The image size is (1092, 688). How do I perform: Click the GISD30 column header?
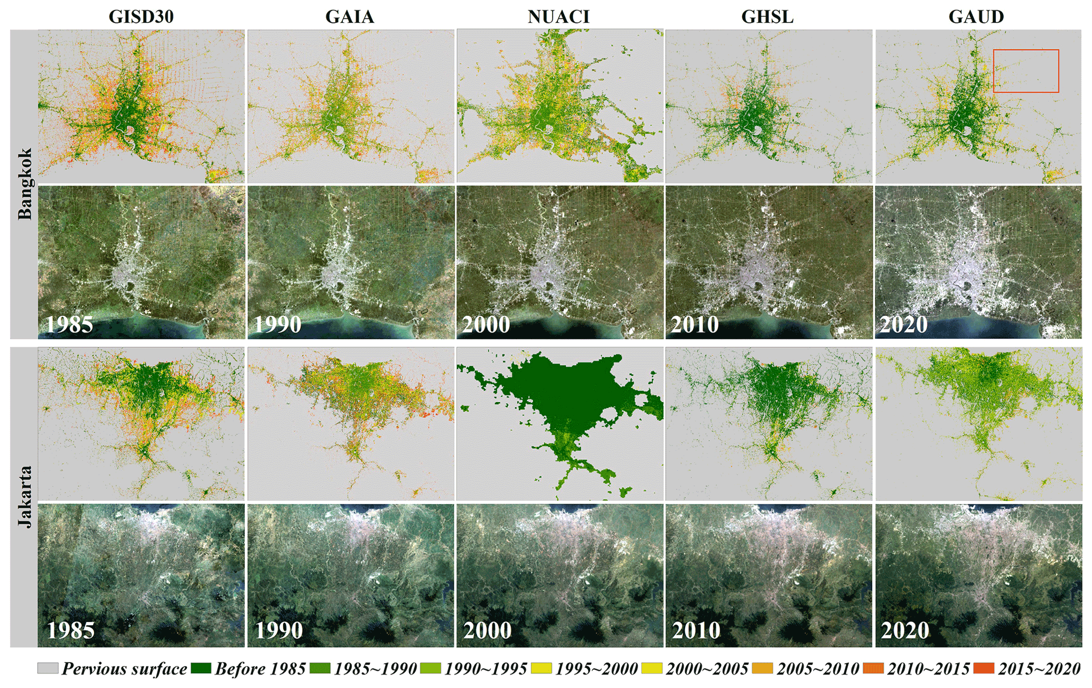pos(141,17)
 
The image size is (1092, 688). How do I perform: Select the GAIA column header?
pos(350,17)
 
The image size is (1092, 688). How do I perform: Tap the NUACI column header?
pos(558,17)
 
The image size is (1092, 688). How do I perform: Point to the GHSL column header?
pos(767,17)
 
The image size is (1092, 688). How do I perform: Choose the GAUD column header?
pos(976,17)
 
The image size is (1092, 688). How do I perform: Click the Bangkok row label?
pos(25,183)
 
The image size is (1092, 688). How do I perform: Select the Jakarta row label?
pos(25,496)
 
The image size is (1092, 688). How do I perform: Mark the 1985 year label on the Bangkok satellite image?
pos(69,324)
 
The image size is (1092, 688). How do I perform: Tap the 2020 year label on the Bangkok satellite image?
pos(903,324)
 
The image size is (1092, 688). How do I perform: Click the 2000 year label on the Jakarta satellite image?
pos(487,630)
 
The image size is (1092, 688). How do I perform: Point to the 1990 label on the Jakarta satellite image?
pos(278,630)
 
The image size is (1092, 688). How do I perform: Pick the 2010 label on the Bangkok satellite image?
pos(695,324)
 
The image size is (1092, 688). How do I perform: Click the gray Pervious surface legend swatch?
pos(48,668)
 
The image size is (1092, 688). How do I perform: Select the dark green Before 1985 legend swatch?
pos(201,668)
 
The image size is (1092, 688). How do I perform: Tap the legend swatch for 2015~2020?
pos(984,668)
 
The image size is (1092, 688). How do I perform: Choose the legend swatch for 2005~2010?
pos(762,668)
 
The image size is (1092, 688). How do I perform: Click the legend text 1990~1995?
pos(486,669)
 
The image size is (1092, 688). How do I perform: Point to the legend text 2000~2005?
pos(707,669)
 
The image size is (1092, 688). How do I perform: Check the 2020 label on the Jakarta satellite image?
pos(905,630)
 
